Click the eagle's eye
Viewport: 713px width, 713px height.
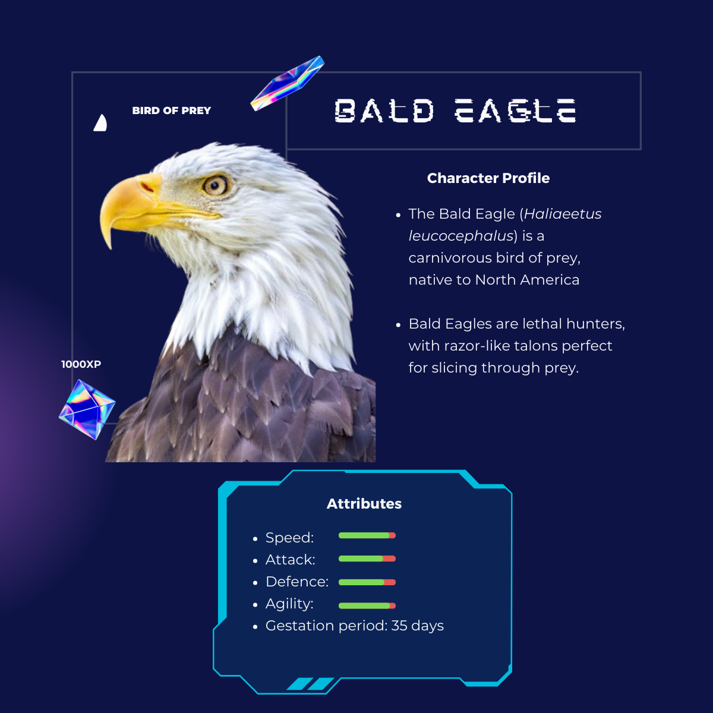(x=216, y=185)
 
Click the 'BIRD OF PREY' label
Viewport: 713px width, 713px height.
(x=171, y=111)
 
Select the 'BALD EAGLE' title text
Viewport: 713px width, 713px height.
(x=455, y=111)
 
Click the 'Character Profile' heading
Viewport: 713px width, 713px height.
(x=488, y=178)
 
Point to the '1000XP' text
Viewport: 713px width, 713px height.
(x=81, y=364)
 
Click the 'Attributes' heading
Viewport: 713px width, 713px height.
(x=364, y=504)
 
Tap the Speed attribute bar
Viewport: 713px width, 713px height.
(x=367, y=535)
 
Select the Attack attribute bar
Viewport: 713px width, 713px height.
(x=367, y=559)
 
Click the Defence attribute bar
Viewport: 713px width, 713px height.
(x=367, y=582)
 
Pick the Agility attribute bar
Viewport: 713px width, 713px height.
(x=367, y=605)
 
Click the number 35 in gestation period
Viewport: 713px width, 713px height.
(x=399, y=626)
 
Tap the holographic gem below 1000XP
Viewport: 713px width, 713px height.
(x=87, y=409)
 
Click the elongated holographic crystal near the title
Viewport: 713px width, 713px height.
(x=288, y=83)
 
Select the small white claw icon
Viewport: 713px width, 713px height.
(x=100, y=123)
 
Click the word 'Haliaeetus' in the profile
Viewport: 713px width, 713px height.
(x=563, y=214)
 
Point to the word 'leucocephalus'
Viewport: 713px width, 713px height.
(x=461, y=236)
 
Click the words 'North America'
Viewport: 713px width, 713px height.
(x=527, y=280)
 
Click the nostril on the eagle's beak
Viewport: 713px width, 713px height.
(x=147, y=187)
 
